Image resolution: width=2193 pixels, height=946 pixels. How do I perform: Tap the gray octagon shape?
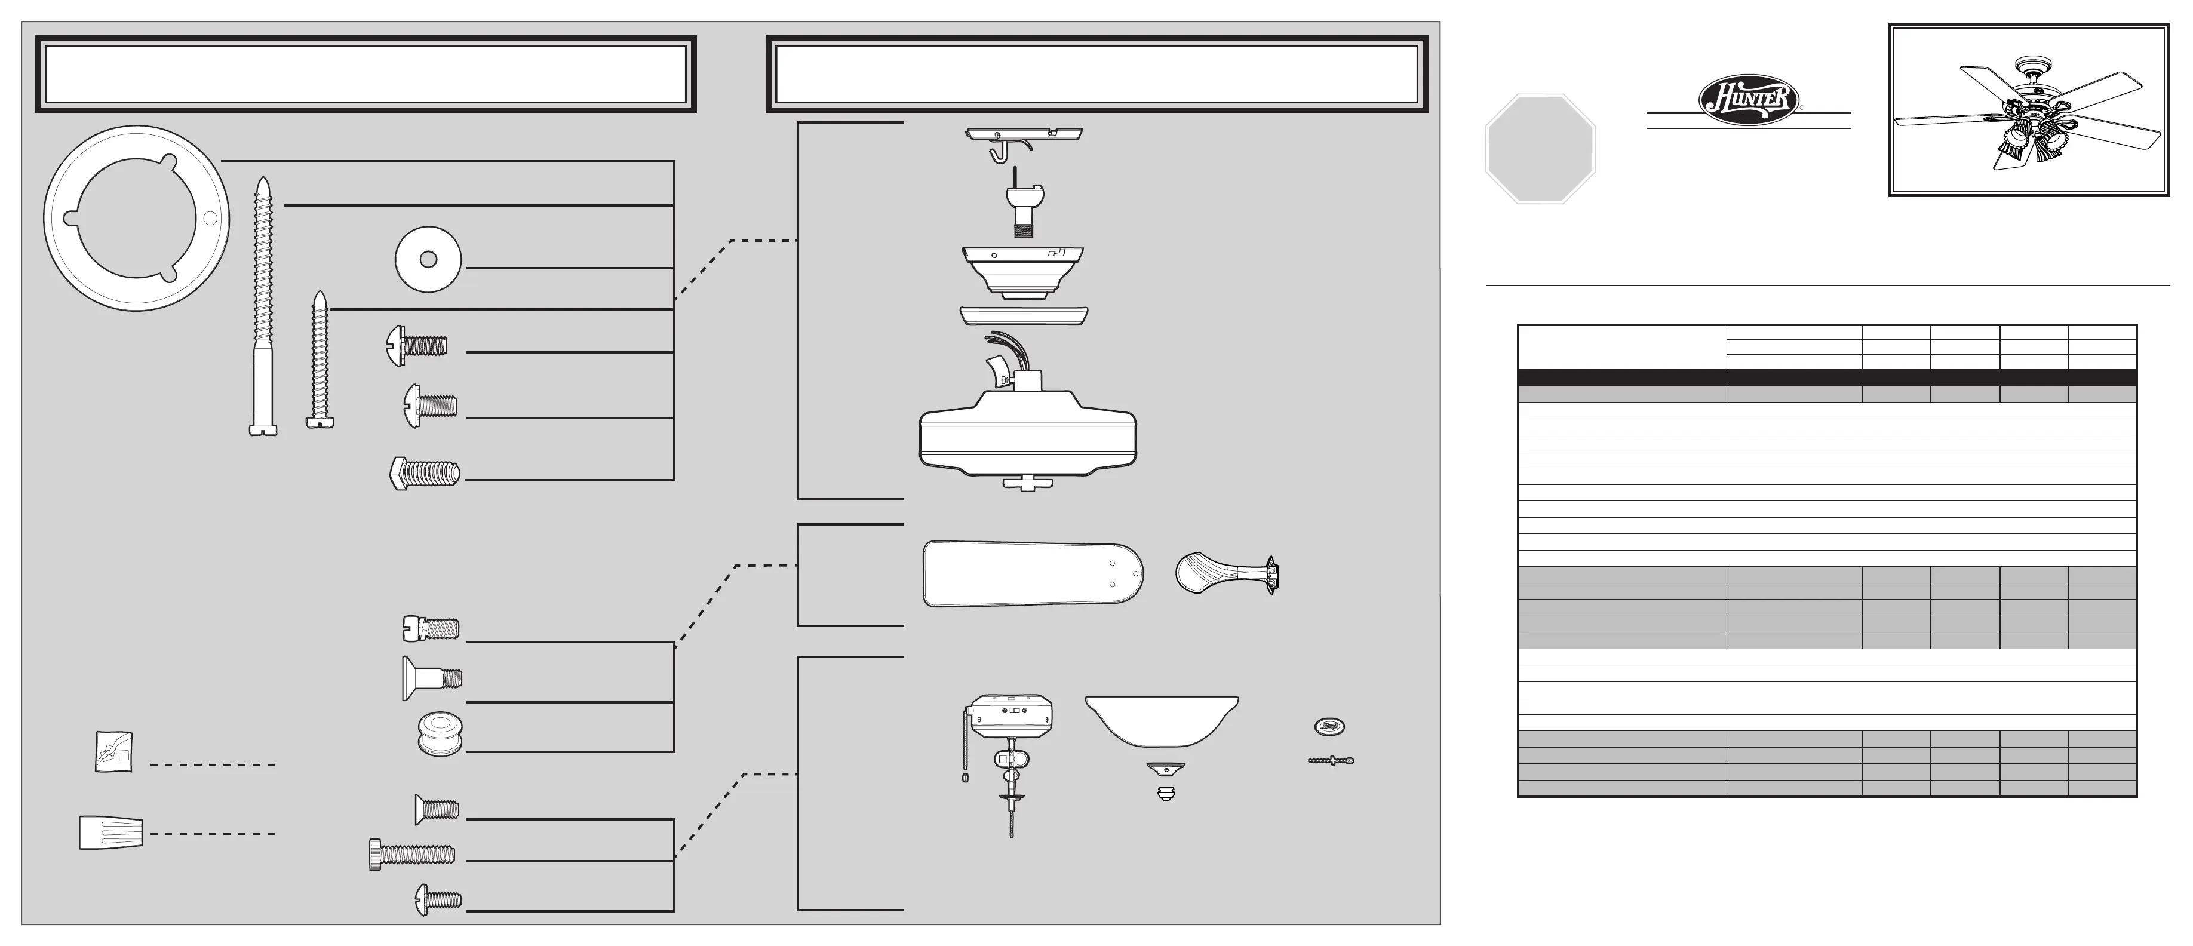[x=1540, y=149]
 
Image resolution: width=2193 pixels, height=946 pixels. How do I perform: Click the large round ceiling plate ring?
[x=136, y=218]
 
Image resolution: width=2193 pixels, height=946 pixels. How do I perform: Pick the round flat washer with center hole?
[x=428, y=260]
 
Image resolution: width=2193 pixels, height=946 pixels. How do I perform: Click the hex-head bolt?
[x=424, y=474]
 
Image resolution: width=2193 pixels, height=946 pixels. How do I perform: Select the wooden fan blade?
[x=1033, y=573]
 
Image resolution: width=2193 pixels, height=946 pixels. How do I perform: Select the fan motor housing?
[x=1027, y=436]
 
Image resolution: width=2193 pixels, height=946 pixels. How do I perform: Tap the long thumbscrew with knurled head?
[x=412, y=854]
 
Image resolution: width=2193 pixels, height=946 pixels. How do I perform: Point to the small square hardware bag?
[x=113, y=752]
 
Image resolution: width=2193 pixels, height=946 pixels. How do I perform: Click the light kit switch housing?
[x=1011, y=717]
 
